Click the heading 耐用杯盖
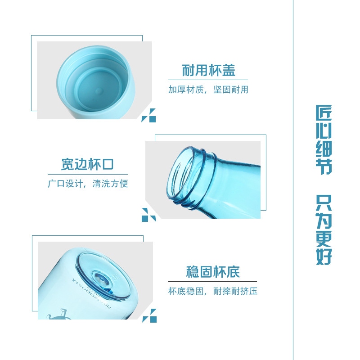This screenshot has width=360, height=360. pyautogui.click(x=208, y=70)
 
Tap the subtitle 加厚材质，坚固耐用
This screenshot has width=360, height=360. pyautogui.click(x=208, y=90)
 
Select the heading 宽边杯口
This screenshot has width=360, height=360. pyautogui.click(x=87, y=164)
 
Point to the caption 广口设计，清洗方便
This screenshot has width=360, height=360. pyautogui.click(x=88, y=184)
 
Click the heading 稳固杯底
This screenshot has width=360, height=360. pyautogui.click(x=213, y=272)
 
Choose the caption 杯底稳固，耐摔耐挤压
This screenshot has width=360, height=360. pyautogui.click(x=213, y=291)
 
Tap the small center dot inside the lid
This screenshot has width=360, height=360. pyautogui.click(x=99, y=91)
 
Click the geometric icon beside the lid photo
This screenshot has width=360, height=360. pyautogui.click(x=149, y=115)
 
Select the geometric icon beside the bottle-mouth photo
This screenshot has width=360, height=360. pyautogui.click(x=149, y=215)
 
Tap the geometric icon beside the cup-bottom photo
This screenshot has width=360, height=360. pyautogui.click(x=149, y=316)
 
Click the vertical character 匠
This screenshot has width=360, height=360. pyautogui.click(x=324, y=113)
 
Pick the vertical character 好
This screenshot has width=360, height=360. pyautogui.click(x=324, y=256)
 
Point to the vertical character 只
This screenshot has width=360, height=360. pyautogui.click(x=324, y=203)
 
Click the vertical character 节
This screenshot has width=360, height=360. pyautogui.click(x=324, y=166)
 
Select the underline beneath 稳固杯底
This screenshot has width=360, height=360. pyautogui.click(x=212, y=281)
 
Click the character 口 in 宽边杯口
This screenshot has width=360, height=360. pyautogui.click(x=108, y=164)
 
